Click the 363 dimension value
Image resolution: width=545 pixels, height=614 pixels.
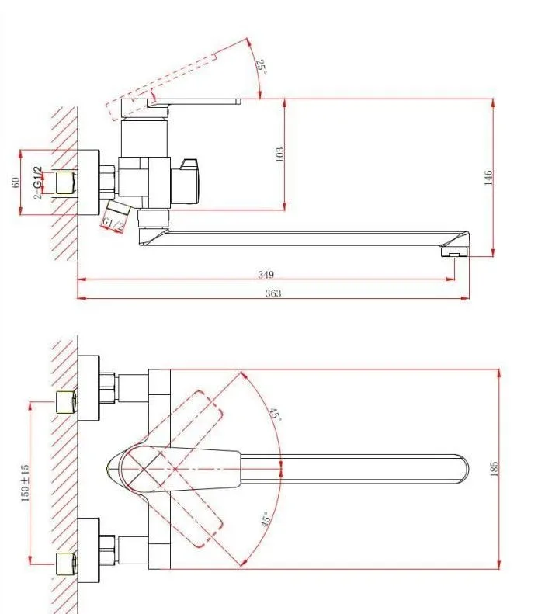tap(273, 293)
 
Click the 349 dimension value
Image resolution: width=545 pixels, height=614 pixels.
tap(266, 274)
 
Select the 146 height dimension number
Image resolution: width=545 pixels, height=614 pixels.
tap(488, 178)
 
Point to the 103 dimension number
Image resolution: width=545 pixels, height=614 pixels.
tap(279, 154)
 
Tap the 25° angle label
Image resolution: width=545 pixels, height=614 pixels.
tap(262, 67)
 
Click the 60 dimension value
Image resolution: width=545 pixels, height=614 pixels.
tap(16, 182)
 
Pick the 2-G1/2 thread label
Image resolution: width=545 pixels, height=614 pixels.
tap(37, 183)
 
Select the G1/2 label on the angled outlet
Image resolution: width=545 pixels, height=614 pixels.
tap(113, 224)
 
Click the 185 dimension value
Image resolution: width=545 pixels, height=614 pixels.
tap(494, 469)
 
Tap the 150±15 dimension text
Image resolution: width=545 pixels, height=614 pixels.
tap(25, 484)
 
